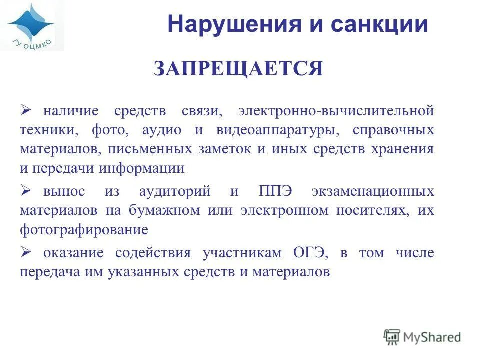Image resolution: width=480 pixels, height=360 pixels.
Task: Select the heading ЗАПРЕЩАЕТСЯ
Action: [239, 69]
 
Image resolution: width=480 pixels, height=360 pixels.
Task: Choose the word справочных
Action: [393, 130]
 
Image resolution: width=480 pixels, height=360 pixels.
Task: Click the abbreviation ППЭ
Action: [277, 191]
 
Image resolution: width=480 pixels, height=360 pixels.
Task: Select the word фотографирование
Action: [84, 230]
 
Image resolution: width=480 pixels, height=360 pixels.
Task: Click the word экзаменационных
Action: [372, 191]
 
